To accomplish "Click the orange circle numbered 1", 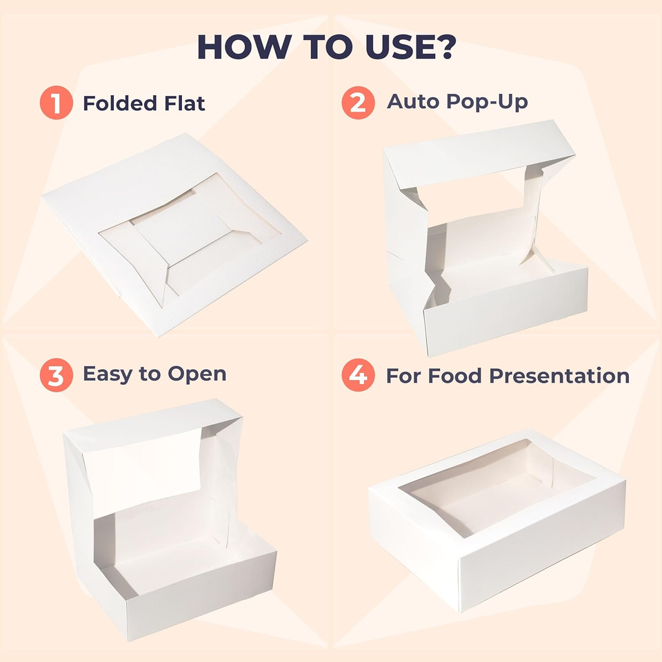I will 56,103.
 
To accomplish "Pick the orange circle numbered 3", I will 56,376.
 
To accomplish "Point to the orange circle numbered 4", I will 358,376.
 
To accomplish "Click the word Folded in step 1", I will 119,103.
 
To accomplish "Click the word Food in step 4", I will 456,376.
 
